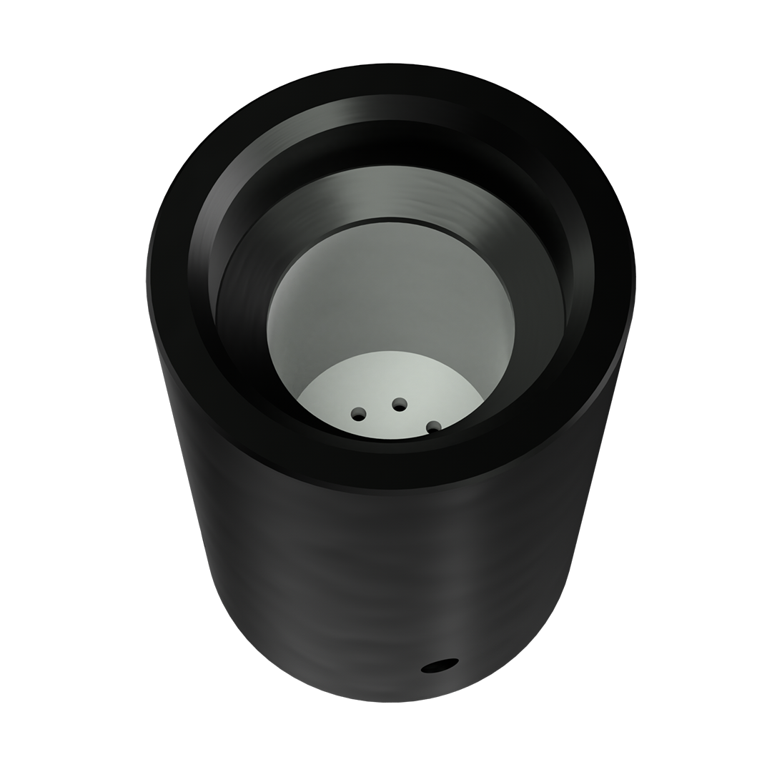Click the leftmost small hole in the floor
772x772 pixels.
(x=358, y=414)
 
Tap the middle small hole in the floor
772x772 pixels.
(x=400, y=405)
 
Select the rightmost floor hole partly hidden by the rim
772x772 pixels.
(x=433, y=427)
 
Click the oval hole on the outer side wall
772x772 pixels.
(x=440, y=665)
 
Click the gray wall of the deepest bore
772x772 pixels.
(x=390, y=286)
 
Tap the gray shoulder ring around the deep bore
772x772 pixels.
(x=390, y=190)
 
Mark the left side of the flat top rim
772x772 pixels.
(x=169, y=279)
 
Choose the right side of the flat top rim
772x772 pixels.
(x=613, y=279)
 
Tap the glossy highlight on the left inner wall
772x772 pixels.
(x=204, y=236)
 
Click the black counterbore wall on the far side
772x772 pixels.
(x=390, y=143)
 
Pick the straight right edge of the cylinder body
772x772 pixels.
(x=600, y=443)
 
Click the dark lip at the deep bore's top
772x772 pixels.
(x=390, y=219)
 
